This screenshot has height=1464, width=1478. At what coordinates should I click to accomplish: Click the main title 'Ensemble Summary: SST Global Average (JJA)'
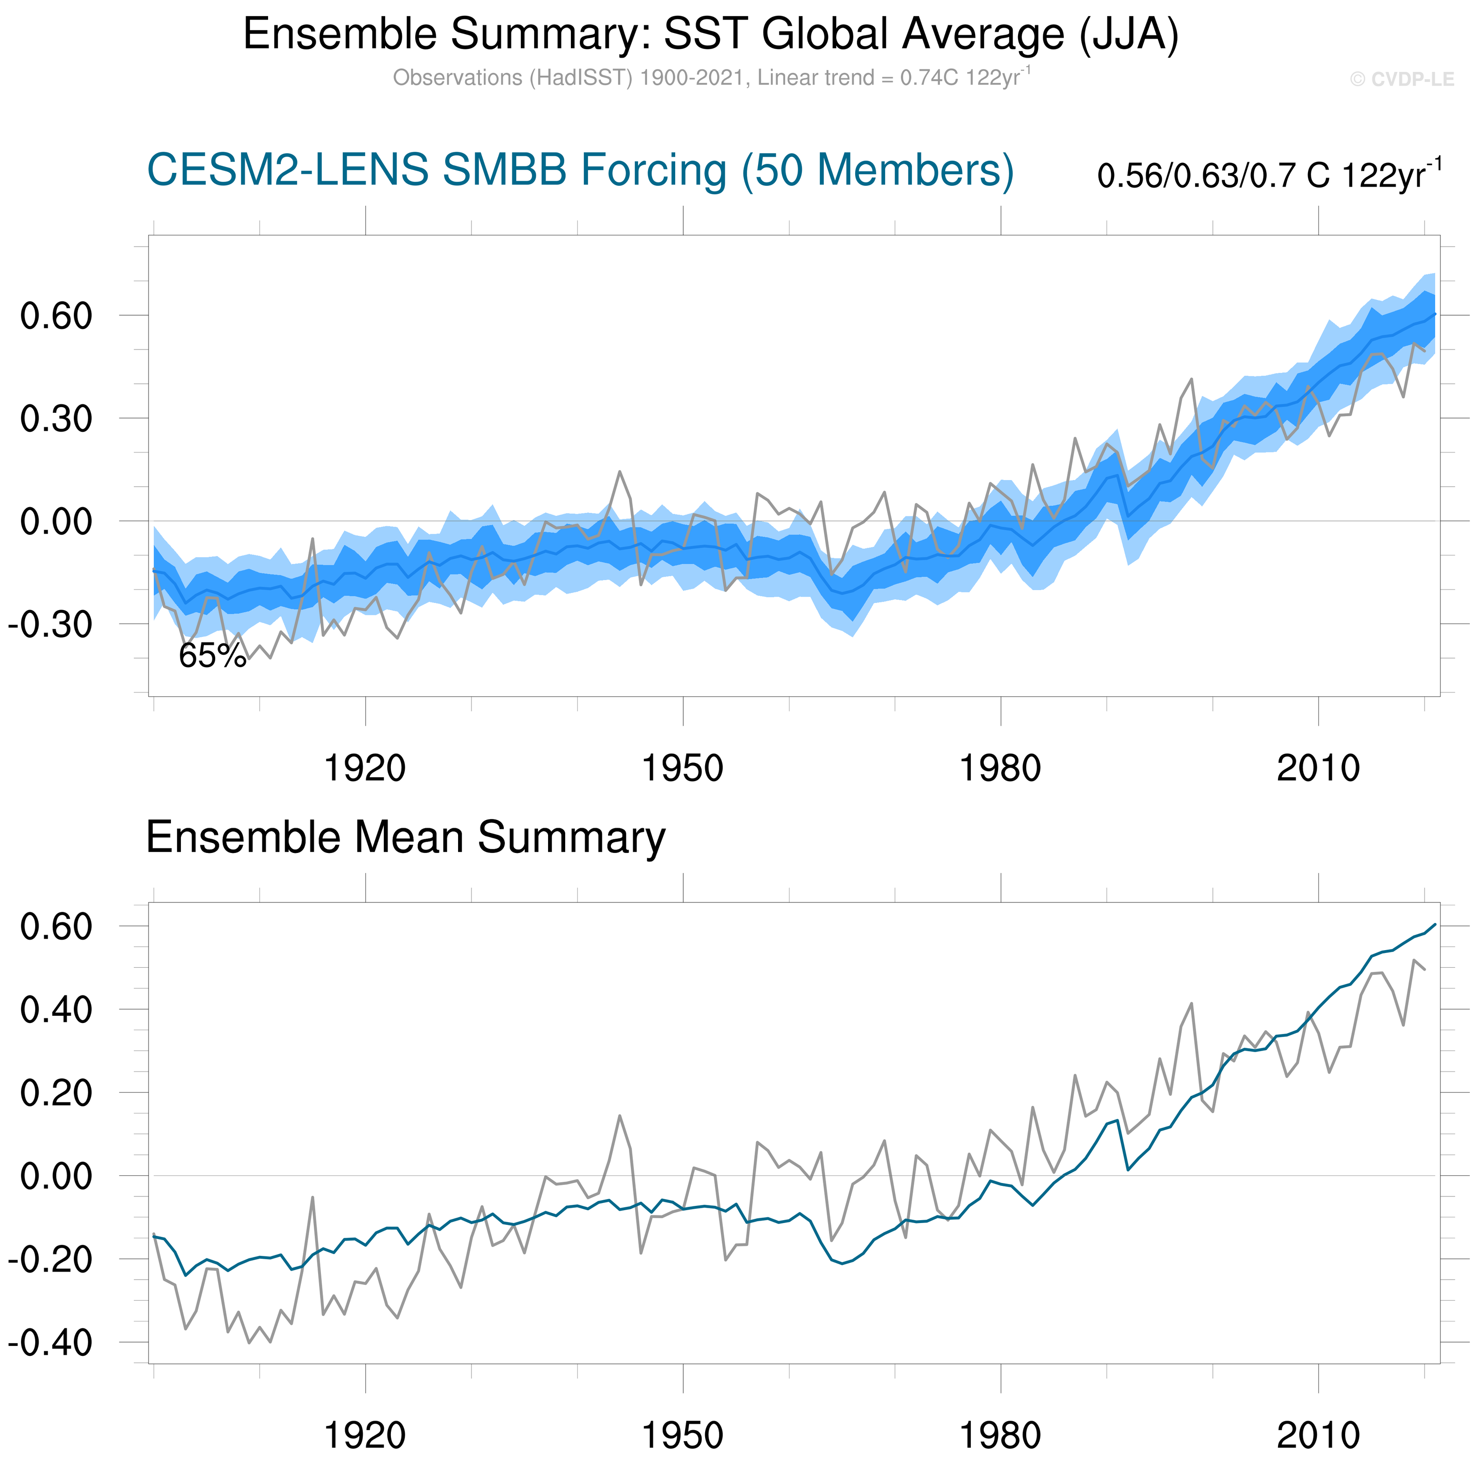pos(711,34)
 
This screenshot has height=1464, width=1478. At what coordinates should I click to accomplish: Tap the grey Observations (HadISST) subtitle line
pos(711,78)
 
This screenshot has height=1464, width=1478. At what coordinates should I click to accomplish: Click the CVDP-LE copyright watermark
pos(1401,80)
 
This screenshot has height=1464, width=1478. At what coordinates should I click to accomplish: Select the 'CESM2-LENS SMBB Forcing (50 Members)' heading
pos(580,170)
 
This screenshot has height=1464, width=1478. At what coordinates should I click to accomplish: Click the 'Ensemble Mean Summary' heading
pos(406,837)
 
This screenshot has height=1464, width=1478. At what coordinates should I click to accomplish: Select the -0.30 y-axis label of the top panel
pos(50,624)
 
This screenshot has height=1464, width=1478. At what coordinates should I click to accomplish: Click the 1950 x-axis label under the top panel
pos(682,768)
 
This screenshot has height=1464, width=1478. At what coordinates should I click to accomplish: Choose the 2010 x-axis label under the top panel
pos(1318,768)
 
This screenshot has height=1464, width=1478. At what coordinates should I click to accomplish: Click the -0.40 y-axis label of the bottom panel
pos(50,1343)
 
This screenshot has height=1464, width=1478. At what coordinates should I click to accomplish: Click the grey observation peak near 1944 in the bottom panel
pos(619,1116)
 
